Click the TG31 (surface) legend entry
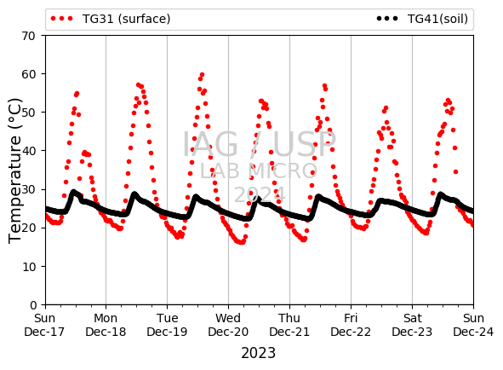point(111,19)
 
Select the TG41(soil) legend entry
point(422,19)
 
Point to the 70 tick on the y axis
point(29,36)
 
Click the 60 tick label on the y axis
point(29,74)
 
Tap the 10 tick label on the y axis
point(29,267)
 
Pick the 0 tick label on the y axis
point(33,304)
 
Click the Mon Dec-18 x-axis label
point(106,325)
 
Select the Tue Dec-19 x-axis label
point(167,325)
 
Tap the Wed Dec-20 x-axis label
point(228,325)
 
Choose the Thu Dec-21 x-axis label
point(289,325)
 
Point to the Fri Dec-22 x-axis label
point(351,325)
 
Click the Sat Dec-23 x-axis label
point(412,325)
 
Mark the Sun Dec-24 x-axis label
point(473,325)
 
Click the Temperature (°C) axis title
point(14,171)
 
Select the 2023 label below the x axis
point(258,353)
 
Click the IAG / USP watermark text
point(260,145)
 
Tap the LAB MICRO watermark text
point(259,171)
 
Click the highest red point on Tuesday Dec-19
point(202,75)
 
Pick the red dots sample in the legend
point(62,19)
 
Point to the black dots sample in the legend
point(387,19)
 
